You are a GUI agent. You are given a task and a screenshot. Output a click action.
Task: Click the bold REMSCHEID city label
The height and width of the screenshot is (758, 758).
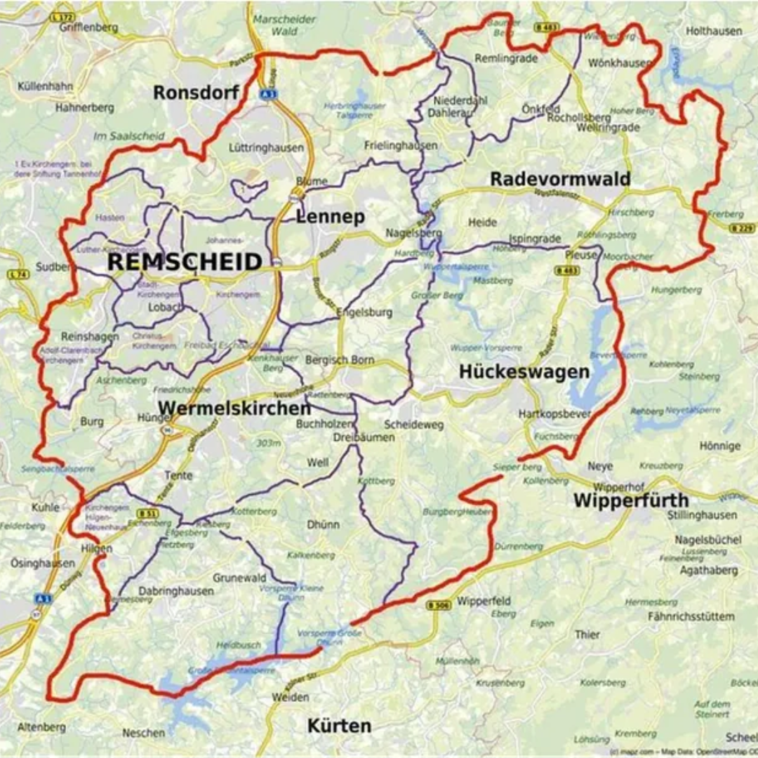(185, 262)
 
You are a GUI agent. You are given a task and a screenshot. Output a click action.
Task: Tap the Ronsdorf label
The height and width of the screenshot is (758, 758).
(197, 93)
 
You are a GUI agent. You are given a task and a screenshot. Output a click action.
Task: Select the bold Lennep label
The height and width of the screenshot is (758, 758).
(330, 217)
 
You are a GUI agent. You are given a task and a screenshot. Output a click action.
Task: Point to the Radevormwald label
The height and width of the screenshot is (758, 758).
(559, 179)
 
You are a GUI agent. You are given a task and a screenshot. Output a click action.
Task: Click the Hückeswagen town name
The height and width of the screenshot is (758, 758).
(524, 372)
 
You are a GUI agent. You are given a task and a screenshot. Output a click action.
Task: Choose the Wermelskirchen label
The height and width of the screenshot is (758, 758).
(234, 408)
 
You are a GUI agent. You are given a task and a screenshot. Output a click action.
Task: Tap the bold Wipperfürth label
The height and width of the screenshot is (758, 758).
(630, 500)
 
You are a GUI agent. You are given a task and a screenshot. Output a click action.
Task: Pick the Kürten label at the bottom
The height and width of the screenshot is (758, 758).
(339, 725)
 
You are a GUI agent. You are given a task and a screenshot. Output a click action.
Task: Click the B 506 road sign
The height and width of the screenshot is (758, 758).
(438, 605)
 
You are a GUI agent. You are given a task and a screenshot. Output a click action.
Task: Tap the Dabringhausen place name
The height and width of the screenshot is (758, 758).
(175, 591)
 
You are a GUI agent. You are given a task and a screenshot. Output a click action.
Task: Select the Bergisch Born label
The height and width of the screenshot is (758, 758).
(340, 360)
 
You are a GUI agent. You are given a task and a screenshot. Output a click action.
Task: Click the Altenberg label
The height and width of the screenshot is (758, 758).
(41, 727)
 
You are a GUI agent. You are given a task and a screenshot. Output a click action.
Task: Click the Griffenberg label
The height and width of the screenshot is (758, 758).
(88, 27)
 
